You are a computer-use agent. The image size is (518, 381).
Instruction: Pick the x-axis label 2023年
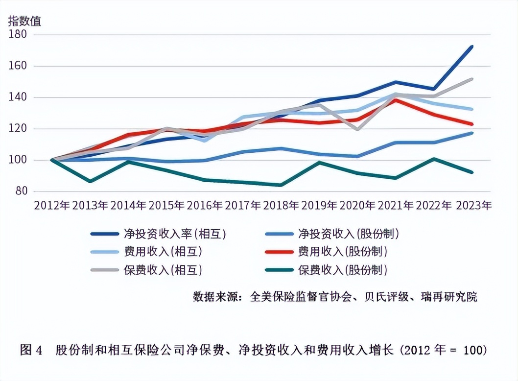473,205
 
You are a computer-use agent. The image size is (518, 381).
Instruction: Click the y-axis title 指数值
24,21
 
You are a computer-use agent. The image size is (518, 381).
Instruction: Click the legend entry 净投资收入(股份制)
349,234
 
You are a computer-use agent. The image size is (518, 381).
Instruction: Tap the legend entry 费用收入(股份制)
342,252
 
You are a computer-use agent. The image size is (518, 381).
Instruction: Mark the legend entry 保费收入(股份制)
342,270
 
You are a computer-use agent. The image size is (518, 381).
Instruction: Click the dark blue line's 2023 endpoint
472,47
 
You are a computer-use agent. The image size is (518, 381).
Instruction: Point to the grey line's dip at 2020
358,130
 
